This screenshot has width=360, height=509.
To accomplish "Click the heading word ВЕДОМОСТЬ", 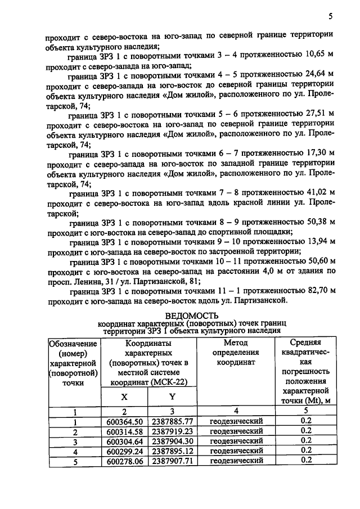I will tap(192, 316).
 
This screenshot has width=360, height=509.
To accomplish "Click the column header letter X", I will tap(125, 397).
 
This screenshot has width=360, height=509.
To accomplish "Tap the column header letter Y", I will tap(172, 397).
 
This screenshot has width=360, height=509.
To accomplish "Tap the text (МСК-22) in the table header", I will tap(166, 382).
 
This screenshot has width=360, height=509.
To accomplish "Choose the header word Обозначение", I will tap(74, 344).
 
